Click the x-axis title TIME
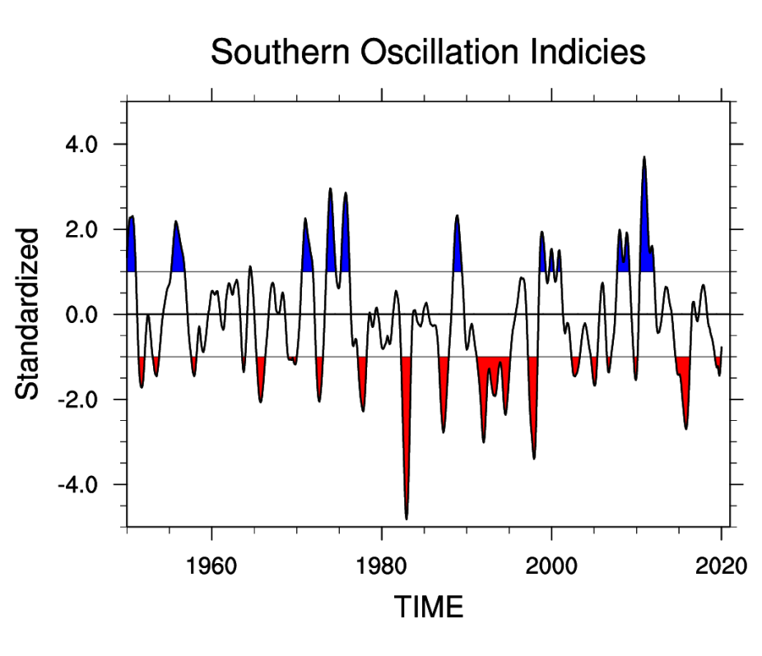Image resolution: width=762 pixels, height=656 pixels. coord(429,607)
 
